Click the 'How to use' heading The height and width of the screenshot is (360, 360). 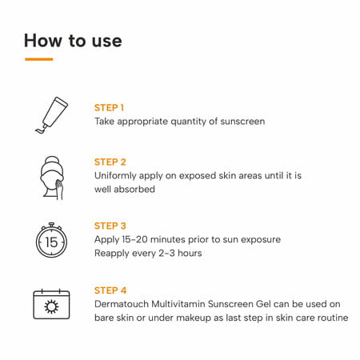[73, 40]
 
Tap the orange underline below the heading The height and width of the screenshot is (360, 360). [38, 59]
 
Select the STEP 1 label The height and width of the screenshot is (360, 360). [109, 107]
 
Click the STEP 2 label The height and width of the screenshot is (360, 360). [110, 162]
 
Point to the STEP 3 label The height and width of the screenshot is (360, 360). [110, 226]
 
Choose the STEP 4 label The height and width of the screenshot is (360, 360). [110, 290]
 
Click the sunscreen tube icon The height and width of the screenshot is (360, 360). [50, 114]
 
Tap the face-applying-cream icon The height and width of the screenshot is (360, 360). [50, 174]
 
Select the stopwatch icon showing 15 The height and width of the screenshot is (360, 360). [50, 240]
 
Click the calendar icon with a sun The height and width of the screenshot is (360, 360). [50, 304]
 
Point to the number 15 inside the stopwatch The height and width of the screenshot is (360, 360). [50, 242]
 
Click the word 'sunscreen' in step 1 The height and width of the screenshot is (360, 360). [239, 122]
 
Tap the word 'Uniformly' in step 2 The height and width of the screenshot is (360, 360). [119, 175]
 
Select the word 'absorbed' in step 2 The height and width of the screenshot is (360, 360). [134, 190]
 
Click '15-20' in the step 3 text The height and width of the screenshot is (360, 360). [141, 239]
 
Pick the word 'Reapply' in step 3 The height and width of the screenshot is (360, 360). [114, 254]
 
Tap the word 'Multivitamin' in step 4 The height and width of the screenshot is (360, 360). [184, 304]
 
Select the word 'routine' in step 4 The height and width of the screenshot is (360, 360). [330, 318]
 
